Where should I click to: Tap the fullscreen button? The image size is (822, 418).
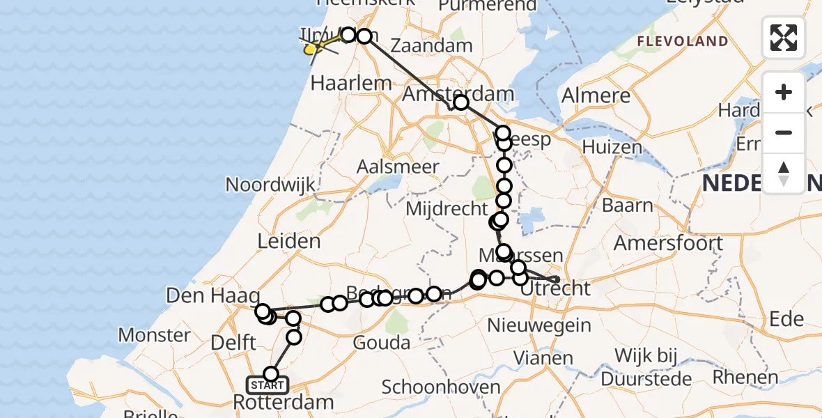784,38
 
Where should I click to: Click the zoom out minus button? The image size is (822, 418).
784,132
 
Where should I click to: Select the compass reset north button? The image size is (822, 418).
784,173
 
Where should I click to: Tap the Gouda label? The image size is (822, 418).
381,343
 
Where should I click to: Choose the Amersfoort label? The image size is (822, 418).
668,244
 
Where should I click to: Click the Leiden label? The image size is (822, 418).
288,241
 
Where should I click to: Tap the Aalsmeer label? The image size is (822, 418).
398,167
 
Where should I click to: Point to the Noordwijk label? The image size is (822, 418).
270,185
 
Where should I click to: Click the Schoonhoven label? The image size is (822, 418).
441,387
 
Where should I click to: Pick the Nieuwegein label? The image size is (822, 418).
539,325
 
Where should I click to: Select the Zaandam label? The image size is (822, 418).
431,46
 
